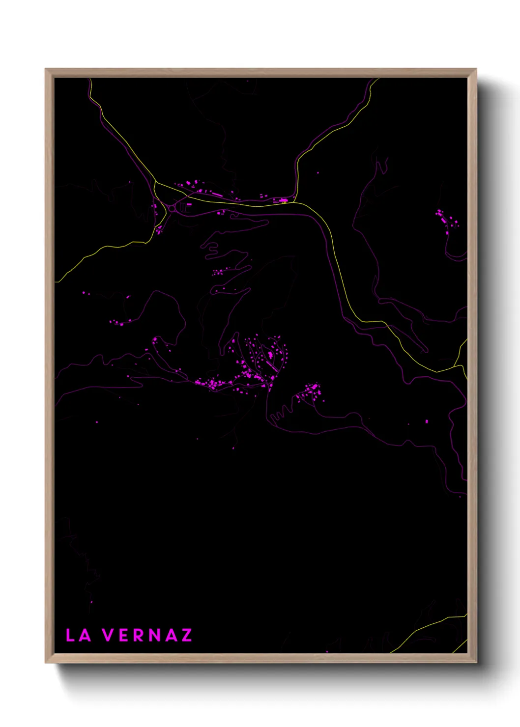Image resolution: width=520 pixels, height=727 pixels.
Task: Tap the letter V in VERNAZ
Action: (108, 635)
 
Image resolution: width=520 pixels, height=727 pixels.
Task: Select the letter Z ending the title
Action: (186, 635)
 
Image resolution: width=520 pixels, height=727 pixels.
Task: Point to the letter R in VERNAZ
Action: (139, 635)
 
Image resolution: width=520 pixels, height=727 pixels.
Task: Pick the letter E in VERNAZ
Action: (123, 635)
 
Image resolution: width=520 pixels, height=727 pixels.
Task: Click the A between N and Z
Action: (170, 635)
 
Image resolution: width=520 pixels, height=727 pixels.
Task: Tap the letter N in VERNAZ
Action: (154, 635)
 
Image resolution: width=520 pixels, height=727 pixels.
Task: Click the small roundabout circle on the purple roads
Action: (172, 209)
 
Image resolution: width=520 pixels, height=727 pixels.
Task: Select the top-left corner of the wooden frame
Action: (46, 69)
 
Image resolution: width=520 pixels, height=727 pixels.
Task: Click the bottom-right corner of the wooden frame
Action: (476, 663)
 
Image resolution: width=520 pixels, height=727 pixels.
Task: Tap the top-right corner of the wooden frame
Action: (476, 69)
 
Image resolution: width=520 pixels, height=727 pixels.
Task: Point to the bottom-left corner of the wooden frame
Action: (46, 663)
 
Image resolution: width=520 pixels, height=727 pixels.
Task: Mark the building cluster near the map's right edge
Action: (447, 218)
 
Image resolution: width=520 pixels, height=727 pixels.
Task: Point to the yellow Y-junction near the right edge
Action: (459, 366)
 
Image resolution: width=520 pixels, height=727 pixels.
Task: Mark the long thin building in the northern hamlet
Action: (216, 195)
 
